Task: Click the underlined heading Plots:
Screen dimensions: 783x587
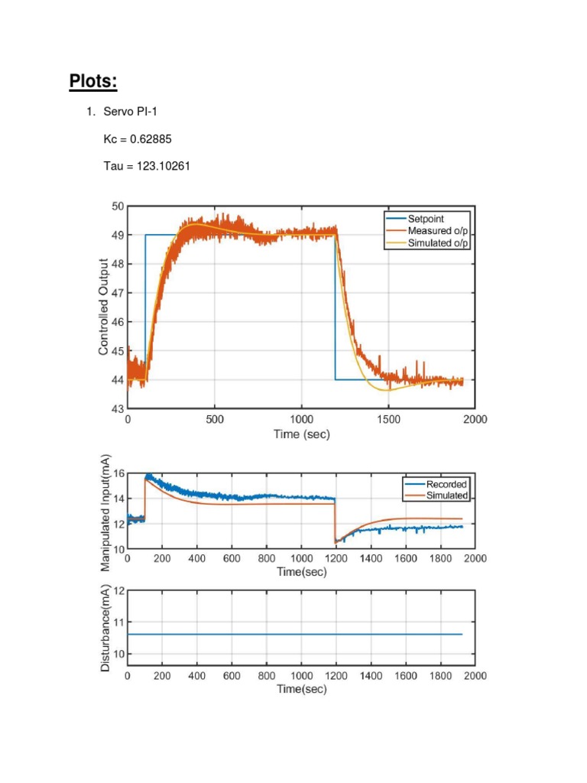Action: (x=94, y=80)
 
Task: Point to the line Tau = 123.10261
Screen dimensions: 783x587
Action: (x=147, y=164)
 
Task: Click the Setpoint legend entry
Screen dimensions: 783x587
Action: (x=426, y=219)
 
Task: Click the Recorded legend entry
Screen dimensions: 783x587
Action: (x=446, y=484)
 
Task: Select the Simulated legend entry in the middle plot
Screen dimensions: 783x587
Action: (x=447, y=495)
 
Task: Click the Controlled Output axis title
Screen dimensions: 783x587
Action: (x=103, y=307)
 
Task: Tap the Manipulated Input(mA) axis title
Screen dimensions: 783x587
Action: (x=105, y=512)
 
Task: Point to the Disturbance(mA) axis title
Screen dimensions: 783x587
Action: (x=105, y=632)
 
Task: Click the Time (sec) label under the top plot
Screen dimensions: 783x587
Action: (x=302, y=434)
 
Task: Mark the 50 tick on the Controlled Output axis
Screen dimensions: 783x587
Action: (x=118, y=206)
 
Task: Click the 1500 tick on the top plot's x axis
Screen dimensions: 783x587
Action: (x=388, y=420)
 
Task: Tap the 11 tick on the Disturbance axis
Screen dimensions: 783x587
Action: (x=118, y=622)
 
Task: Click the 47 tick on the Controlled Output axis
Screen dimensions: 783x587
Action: (x=118, y=293)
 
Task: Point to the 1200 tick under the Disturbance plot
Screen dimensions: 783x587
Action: (x=336, y=676)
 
